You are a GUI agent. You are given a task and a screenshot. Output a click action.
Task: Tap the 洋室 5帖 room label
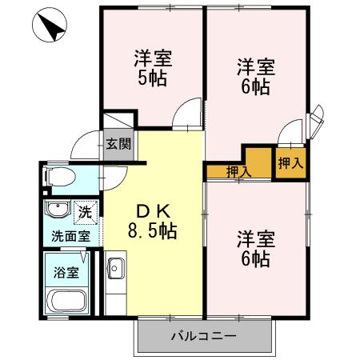(x=152, y=68)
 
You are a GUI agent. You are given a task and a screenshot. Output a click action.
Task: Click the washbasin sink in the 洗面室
(x=57, y=211)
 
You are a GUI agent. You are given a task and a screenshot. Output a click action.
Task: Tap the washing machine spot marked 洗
(x=85, y=213)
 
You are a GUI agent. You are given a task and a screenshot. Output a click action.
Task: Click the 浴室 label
(x=66, y=271)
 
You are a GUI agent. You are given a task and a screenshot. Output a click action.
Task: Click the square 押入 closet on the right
(x=290, y=163)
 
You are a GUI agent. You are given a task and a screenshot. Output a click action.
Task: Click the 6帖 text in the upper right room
(x=256, y=86)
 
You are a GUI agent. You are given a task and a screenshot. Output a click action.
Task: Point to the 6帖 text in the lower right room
(x=256, y=258)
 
